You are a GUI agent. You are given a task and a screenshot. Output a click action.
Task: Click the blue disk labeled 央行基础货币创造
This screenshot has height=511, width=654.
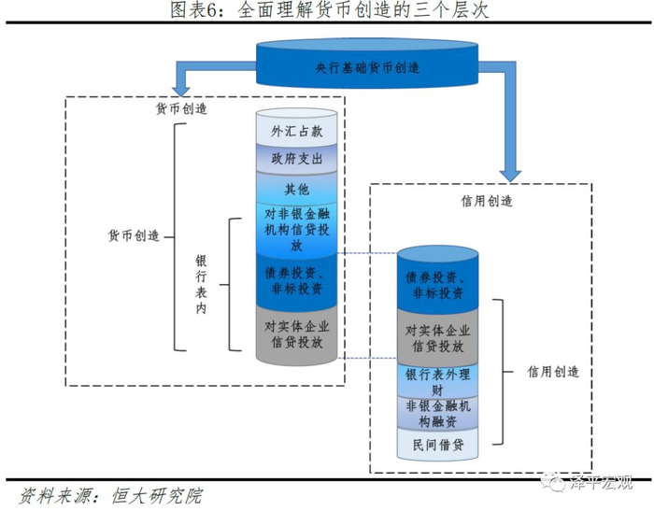coord(366,64)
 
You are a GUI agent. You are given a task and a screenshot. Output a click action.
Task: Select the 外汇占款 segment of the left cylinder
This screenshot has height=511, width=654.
coord(296,128)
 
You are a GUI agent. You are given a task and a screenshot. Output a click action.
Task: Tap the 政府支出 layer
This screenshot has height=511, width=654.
coord(296,159)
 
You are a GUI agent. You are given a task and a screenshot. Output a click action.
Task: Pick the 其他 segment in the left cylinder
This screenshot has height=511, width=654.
coord(296,189)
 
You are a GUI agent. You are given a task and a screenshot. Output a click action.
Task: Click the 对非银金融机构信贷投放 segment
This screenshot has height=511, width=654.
coord(296,230)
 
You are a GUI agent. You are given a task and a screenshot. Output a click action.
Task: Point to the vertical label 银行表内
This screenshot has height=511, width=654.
coord(201,285)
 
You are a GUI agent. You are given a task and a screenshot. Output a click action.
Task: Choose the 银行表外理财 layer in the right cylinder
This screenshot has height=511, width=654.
coord(437,381)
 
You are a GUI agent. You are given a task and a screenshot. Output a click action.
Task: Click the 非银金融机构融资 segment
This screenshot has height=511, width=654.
coord(437,413)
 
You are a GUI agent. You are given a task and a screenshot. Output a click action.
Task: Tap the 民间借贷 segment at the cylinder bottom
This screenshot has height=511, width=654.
coord(437,445)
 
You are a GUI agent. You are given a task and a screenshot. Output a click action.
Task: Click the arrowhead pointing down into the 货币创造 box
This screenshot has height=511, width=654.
coord(181,92)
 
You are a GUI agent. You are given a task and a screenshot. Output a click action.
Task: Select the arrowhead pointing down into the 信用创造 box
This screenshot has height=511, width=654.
coord(510,176)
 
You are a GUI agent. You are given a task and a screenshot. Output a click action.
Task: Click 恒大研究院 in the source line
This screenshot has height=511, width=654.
coord(157,495)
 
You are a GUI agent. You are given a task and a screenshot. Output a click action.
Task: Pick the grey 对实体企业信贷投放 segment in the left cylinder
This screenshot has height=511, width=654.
coord(296,334)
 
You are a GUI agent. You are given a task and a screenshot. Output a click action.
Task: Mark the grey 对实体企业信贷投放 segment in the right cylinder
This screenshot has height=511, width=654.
coord(437,338)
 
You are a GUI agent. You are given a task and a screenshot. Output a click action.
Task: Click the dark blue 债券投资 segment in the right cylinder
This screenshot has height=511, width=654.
coord(437,284)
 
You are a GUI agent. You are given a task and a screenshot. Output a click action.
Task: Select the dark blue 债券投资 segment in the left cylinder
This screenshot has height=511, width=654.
coord(296,280)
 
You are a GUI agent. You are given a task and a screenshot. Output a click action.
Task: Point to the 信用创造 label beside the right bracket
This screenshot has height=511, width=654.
coord(553,372)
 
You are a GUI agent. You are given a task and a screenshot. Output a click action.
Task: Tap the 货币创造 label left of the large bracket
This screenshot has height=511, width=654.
coord(134,235)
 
